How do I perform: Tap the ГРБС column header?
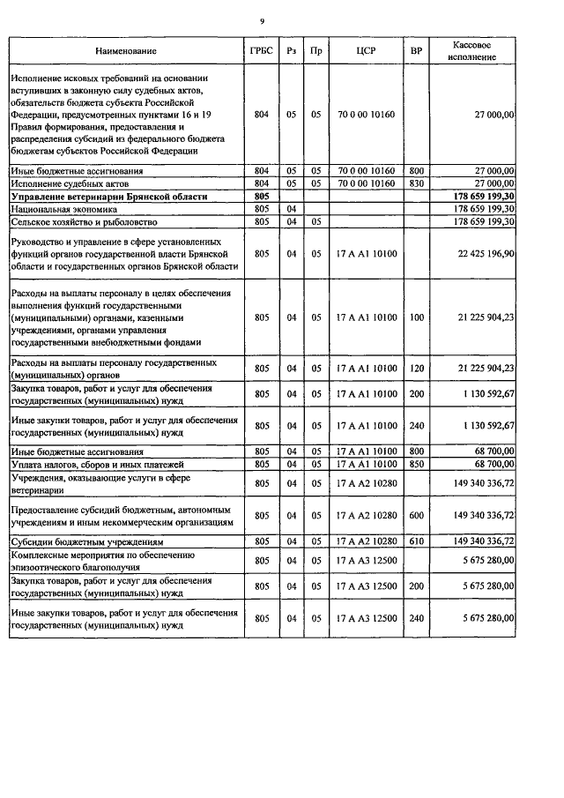pyautogui.click(x=261, y=51)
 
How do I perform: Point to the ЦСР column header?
pyautogui.click(x=367, y=51)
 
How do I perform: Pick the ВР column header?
pyautogui.click(x=417, y=51)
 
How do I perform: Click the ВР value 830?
pyautogui.click(x=417, y=183)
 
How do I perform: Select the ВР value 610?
pyautogui.click(x=417, y=541)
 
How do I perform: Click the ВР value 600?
pyautogui.click(x=417, y=515)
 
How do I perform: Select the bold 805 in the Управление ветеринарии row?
pyautogui.click(x=261, y=196)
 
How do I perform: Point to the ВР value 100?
pyautogui.click(x=417, y=317)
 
